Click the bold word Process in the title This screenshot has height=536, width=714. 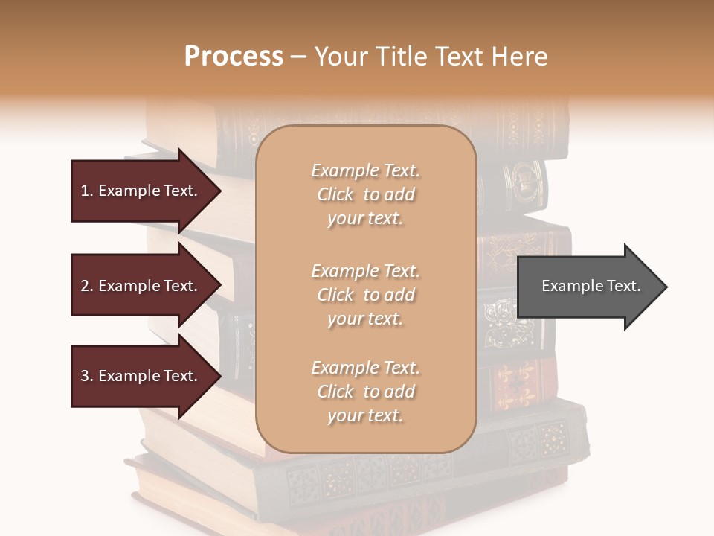tap(234, 57)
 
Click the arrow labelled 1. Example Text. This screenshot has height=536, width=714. tap(141, 191)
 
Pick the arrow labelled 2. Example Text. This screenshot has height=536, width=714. tap(141, 286)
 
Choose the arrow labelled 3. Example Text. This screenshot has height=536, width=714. tap(141, 376)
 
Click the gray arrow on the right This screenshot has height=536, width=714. tap(588, 286)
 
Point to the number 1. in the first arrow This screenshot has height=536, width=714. tap(87, 191)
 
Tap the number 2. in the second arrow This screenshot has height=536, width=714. tap(87, 286)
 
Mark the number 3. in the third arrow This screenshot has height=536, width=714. tap(87, 376)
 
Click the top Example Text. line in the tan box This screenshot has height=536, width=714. tap(365, 170)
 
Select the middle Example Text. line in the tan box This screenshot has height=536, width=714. tap(365, 271)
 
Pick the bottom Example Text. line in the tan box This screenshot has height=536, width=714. tap(365, 368)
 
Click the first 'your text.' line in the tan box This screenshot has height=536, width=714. tap(365, 219)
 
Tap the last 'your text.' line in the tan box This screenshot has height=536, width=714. tap(365, 416)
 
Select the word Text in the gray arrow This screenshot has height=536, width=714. tap(621, 286)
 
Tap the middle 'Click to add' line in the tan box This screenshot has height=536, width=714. tap(365, 295)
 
